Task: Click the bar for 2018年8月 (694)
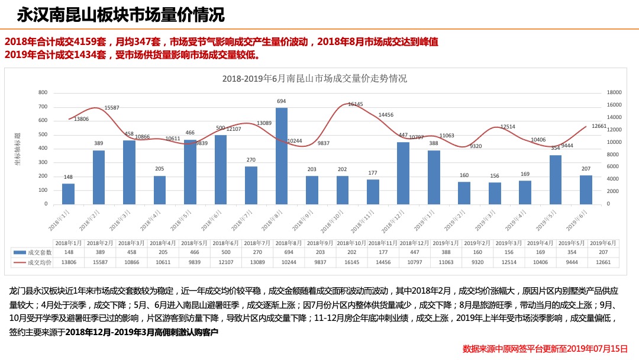(x=282, y=156)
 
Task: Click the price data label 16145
(x=355, y=104)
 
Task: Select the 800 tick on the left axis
(x=43, y=92)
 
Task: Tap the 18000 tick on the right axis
(x=614, y=92)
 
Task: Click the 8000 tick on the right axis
(x=612, y=154)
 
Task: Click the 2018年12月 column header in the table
(x=414, y=243)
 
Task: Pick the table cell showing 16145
(x=351, y=262)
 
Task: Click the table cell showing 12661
(x=603, y=262)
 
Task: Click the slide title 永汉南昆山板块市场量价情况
(x=120, y=14)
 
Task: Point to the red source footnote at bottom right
(x=544, y=349)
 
